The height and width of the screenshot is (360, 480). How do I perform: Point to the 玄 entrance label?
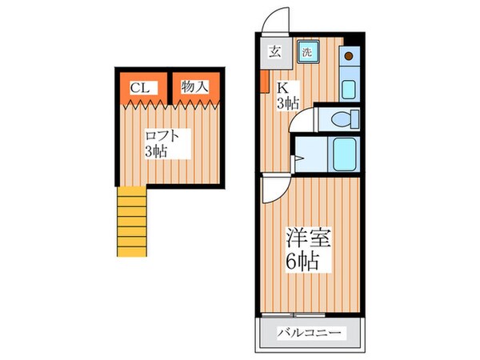pos(274,53)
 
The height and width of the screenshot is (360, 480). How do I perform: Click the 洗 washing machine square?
pos(307,52)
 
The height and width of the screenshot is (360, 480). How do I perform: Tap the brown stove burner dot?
pos(349,56)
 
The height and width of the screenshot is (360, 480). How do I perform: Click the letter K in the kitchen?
pos(282,87)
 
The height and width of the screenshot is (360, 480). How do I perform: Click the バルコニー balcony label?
pos(309,333)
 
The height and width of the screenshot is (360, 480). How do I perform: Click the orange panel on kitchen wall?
pos(263,83)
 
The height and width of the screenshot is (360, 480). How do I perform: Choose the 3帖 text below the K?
pos(287,102)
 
